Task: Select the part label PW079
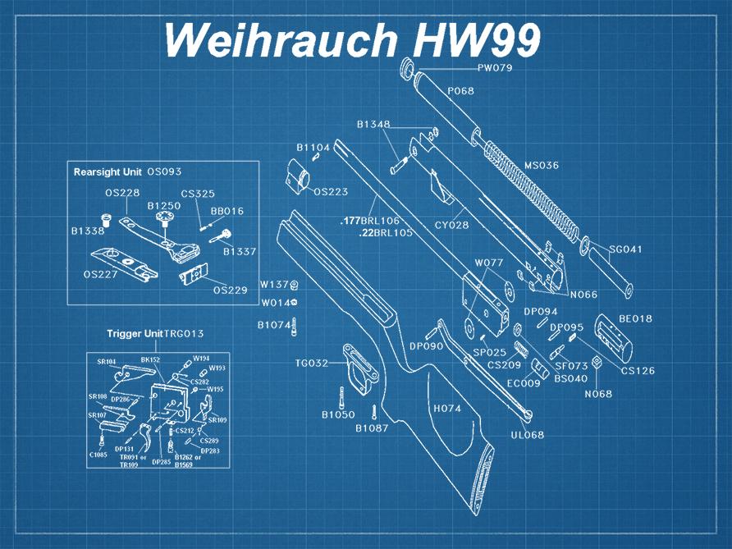pyautogui.click(x=495, y=68)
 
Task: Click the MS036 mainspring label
pyautogui.click(x=542, y=165)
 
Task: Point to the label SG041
pyautogui.click(x=625, y=249)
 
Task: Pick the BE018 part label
pyautogui.click(x=635, y=318)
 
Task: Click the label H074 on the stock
pyautogui.click(x=447, y=408)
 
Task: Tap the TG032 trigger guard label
pyautogui.click(x=312, y=363)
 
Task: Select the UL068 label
pyautogui.click(x=527, y=435)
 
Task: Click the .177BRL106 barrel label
pyautogui.click(x=370, y=221)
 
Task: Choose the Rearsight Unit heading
pyautogui.click(x=108, y=172)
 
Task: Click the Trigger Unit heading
pyautogui.click(x=135, y=334)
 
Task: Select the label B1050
pyautogui.click(x=338, y=415)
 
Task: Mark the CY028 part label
pyautogui.click(x=451, y=225)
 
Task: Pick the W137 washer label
pyautogui.click(x=274, y=284)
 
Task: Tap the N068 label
pyautogui.click(x=598, y=394)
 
